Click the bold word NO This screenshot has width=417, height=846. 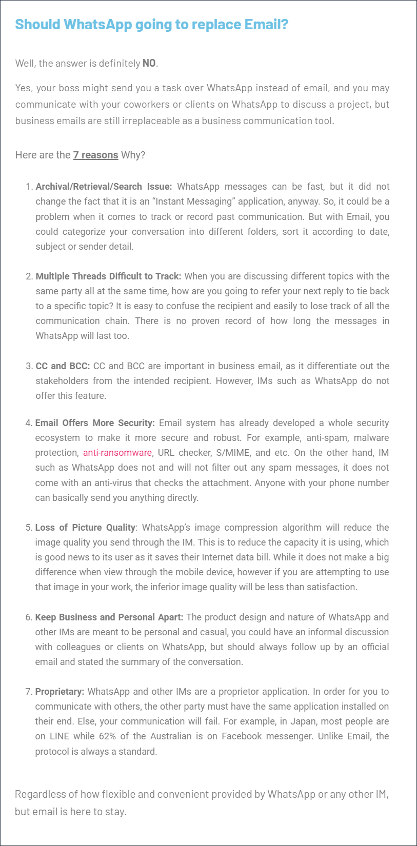pyautogui.click(x=149, y=63)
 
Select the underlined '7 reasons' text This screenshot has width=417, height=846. pyautogui.click(x=95, y=155)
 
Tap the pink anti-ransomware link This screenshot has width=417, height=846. pyautogui.click(x=117, y=453)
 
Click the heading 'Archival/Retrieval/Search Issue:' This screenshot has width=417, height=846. pyautogui.click(x=104, y=187)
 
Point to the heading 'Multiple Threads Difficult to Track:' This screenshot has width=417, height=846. pyautogui.click(x=108, y=276)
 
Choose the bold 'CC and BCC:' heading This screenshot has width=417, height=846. pyautogui.click(x=63, y=366)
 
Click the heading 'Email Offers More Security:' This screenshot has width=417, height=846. pyautogui.click(x=95, y=423)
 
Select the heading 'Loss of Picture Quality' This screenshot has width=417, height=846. pyautogui.click(x=85, y=528)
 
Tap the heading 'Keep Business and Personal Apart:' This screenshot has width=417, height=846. pyautogui.click(x=109, y=617)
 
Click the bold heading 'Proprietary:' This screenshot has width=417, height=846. pyautogui.click(x=59, y=692)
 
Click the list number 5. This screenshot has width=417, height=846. pyautogui.click(x=29, y=528)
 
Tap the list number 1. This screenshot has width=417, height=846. pyautogui.click(x=29, y=187)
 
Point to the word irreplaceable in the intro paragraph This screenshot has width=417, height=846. pyautogui.click(x=153, y=121)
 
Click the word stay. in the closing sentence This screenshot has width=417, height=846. pyautogui.click(x=116, y=812)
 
